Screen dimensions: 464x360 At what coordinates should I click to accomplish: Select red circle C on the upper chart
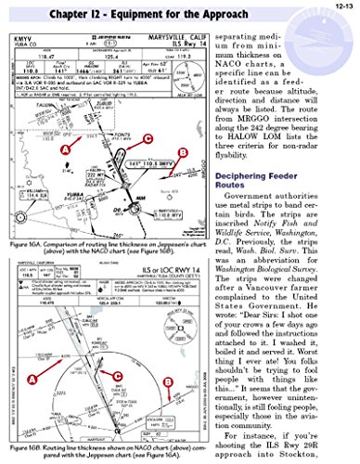coord(147,138)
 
